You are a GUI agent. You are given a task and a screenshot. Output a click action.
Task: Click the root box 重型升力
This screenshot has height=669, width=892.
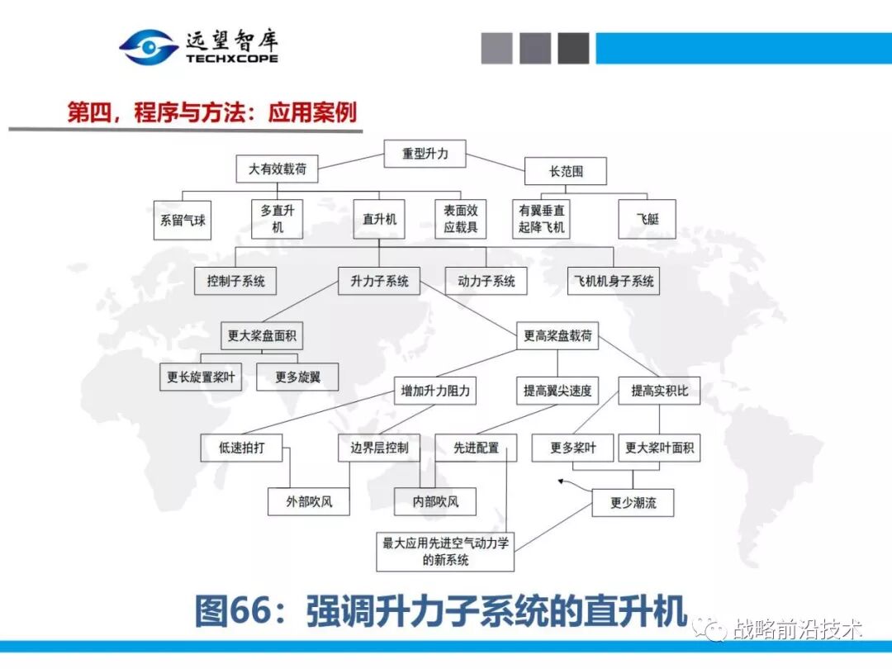[x=425, y=154]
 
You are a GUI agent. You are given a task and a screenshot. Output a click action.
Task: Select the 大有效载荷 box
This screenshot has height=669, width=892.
[x=278, y=169]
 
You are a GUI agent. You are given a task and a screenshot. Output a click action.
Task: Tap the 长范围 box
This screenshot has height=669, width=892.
[x=566, y=172]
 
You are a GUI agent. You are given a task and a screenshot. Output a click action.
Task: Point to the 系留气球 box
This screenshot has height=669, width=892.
[x=183, y=221]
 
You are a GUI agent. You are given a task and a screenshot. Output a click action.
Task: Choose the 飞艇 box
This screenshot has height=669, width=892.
[x=647, y=220]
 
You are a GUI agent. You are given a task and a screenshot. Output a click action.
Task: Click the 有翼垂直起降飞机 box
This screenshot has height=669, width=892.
[x=542, y=219]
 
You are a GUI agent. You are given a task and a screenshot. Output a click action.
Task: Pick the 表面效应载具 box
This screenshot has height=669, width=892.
[x=460, y=219]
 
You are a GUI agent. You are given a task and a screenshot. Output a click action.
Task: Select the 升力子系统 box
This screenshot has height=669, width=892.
[x=379, y=281]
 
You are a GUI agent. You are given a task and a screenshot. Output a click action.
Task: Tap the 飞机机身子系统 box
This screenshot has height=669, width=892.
[x=614, y=281]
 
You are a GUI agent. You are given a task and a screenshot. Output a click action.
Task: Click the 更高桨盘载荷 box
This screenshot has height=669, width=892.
[x=557, y=336]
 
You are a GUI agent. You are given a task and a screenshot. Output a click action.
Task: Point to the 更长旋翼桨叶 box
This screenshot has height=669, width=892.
[x=201, y=377]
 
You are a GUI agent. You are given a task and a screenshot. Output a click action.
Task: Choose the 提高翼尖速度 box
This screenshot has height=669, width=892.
[x=557, y=391]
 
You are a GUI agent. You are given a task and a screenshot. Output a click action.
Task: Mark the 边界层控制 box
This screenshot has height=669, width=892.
[x=379, y=448]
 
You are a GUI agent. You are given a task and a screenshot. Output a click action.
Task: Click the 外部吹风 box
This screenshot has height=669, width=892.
[x=309, y=501]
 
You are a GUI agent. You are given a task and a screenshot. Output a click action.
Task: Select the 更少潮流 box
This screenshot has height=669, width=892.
[x=633, y=502]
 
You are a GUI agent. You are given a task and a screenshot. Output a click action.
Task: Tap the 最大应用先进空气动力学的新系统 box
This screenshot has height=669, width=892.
[x=446, y=551]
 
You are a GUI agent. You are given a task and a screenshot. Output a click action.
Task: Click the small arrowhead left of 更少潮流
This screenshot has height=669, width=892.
[x=562, y=482]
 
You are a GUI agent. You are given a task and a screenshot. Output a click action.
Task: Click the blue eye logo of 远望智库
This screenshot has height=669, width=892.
[x=148, y=47]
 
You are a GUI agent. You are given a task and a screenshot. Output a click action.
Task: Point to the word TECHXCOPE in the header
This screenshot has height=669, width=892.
[x=231, y=59]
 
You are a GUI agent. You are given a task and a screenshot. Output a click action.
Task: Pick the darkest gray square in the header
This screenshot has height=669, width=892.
[x=573, y=48]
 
